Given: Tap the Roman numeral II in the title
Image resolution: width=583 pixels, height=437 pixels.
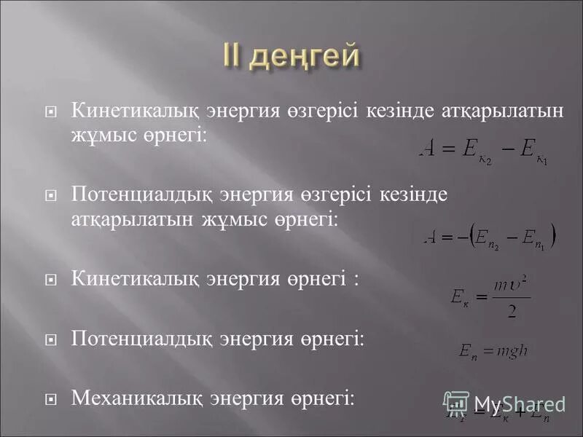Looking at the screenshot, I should pos(235,57).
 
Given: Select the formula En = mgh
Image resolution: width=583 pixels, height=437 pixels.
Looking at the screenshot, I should pos(493,351).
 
